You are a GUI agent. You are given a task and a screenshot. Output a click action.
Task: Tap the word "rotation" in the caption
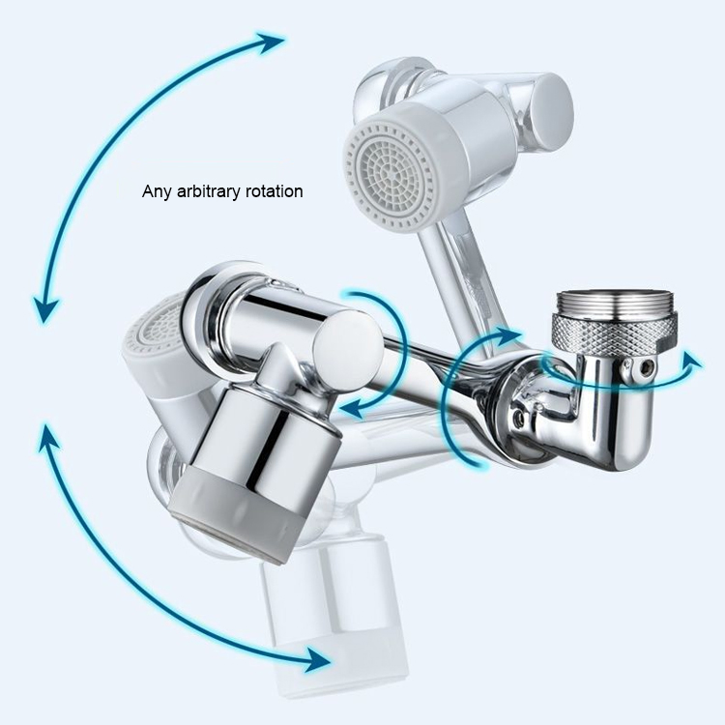point(275,191)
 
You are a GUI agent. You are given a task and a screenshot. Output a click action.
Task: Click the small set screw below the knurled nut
point(646,367)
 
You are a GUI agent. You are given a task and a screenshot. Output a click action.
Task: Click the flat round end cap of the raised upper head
point(552,112)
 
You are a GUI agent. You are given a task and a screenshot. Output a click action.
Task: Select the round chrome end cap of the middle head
point(348,350)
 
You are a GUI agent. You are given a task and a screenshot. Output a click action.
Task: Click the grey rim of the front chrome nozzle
point(231,514)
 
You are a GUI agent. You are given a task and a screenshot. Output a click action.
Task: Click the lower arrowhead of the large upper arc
point(45,310)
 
